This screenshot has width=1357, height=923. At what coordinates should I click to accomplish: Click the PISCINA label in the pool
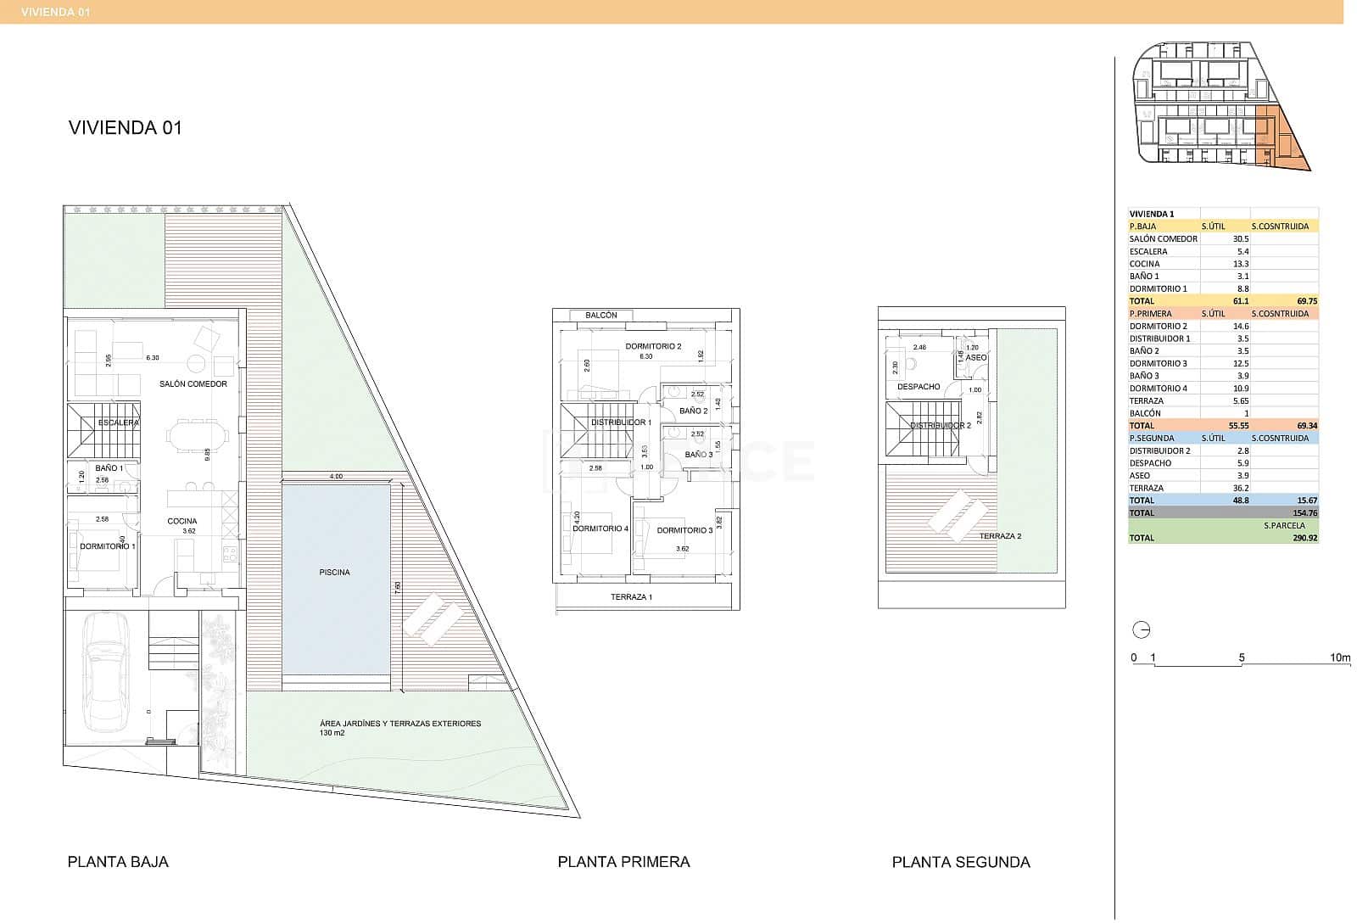(x=334, y=573)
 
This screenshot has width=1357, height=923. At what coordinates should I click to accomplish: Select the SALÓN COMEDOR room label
(x=193, y=384)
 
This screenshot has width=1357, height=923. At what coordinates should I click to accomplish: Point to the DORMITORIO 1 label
(x=108, y=546)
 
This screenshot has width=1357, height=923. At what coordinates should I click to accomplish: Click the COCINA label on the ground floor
(x=182, y=521)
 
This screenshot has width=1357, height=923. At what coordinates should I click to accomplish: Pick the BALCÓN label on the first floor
(x=601, y=316)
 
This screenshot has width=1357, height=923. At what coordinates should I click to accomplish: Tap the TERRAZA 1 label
(x=631, y=597)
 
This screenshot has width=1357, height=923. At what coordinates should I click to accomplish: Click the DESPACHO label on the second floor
(x=919, y=387)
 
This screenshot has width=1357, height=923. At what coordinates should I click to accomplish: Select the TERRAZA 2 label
(x=1000, y=536)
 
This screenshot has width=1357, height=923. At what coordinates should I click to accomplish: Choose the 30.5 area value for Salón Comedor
(x=1240, y=239)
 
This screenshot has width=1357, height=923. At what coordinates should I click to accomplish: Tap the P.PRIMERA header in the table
(x=1150, y=314)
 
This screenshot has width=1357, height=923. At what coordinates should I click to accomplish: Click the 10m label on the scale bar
(x=1340, y=657)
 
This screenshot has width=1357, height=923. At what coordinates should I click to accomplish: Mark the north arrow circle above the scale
(x=1142, y=630)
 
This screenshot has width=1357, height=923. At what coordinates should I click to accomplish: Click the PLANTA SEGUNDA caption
(x=961, y=862)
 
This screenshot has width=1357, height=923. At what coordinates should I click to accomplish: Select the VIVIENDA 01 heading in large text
(x=125, y=128)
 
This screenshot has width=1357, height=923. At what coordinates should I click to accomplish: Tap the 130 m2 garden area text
(x=332, y=732)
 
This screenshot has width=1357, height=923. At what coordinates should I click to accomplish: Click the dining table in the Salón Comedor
(x=198, y=436)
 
